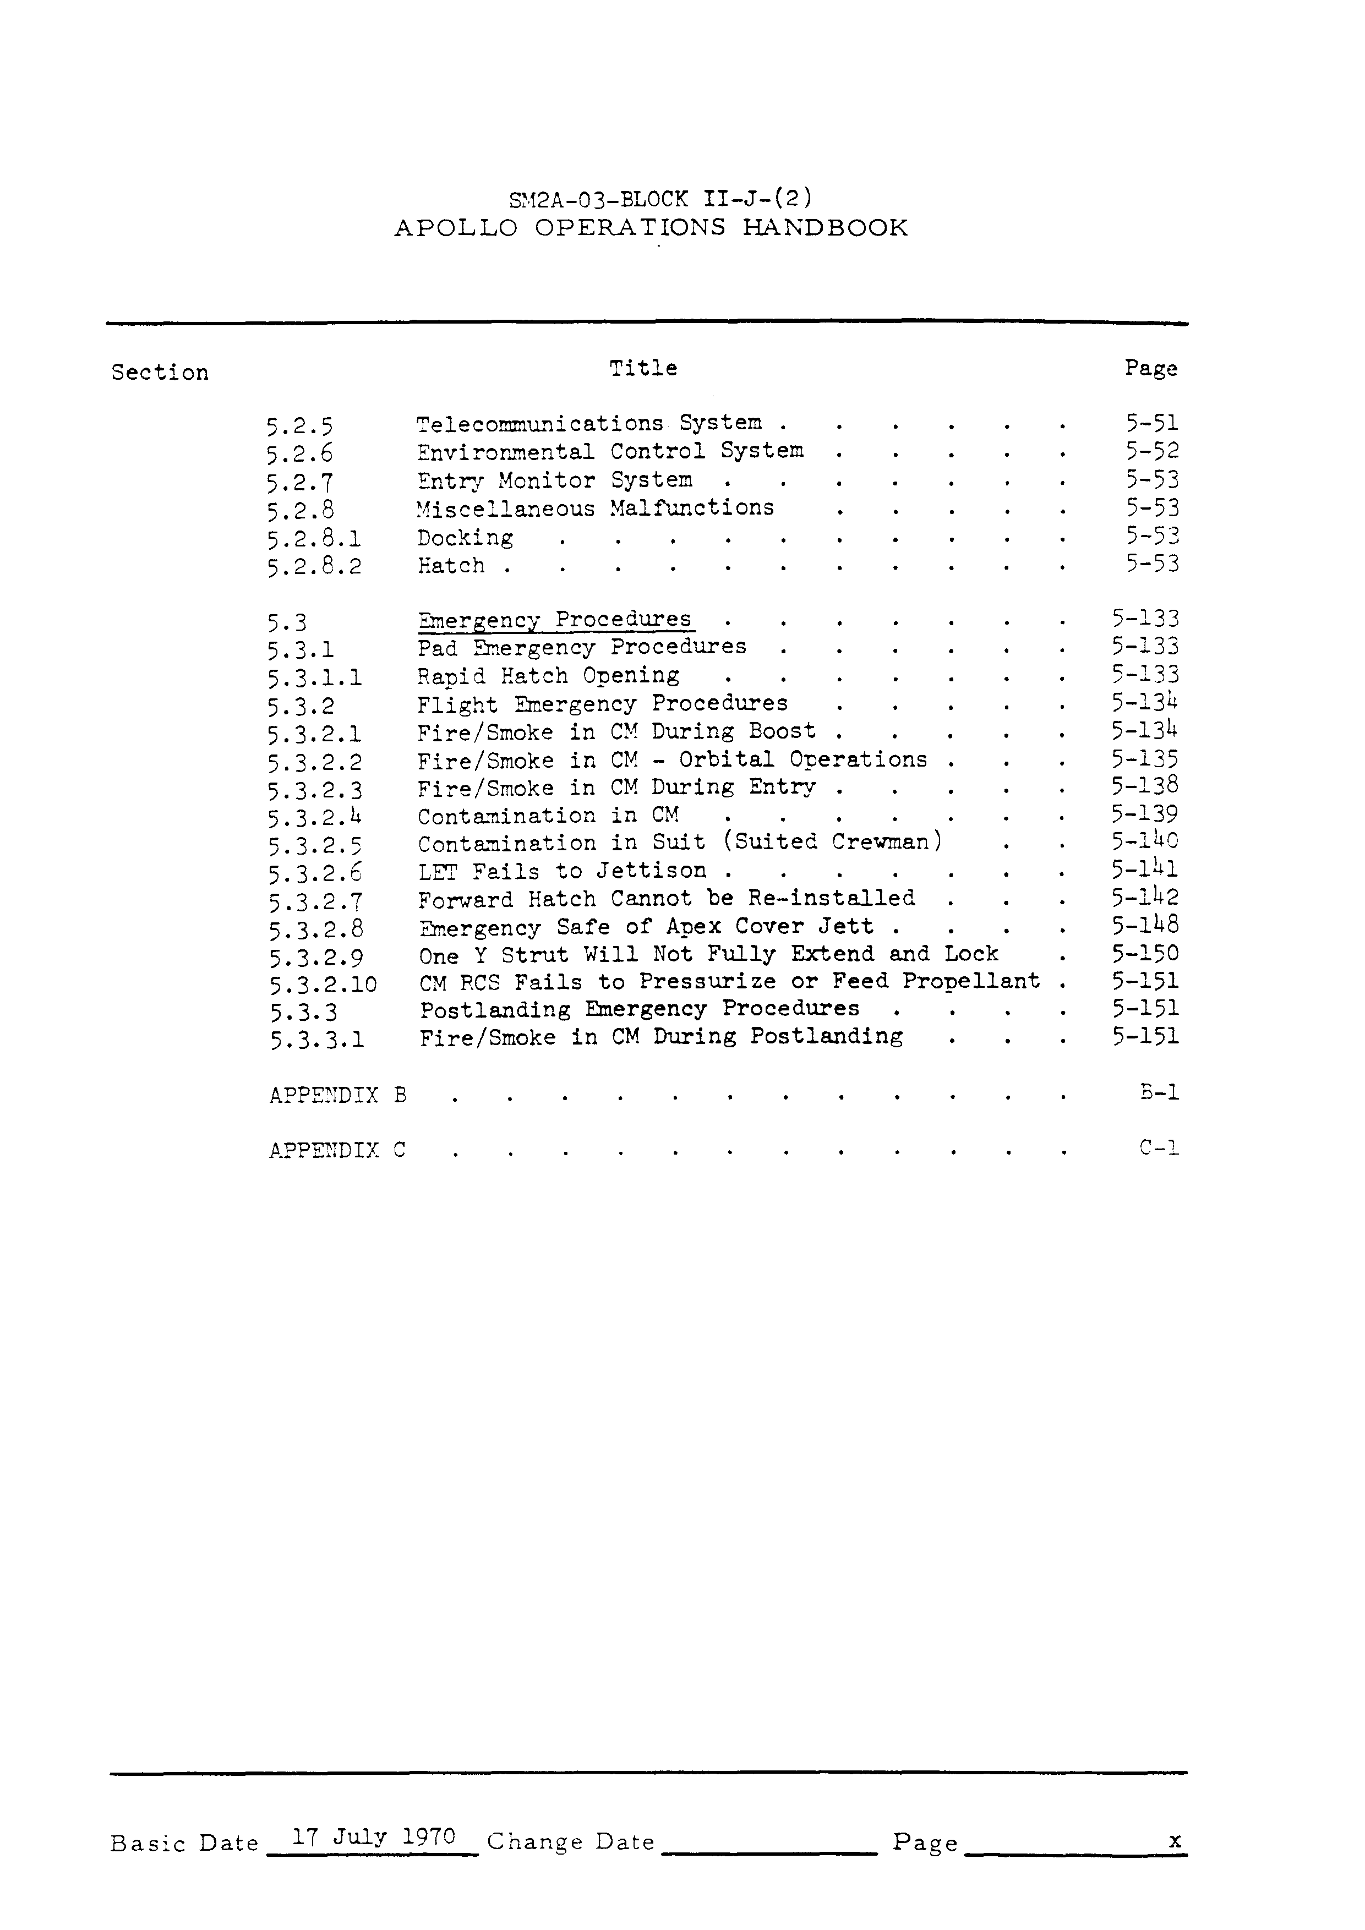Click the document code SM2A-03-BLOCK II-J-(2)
click(660, 199)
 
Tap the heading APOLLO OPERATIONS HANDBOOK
click(651, 228)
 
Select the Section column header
click(160, 373)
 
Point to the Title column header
click(643, 368)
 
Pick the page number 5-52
click(1153, 451)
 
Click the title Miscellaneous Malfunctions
click(595, 509)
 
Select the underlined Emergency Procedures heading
click(555, 620)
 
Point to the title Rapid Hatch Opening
click(548, 676)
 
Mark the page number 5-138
click(1145, 786)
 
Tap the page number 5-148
click(1145, 926)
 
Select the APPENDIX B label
click(338, 1095)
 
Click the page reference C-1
click(1159, 1147)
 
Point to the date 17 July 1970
click(373, 1836)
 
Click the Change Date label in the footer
click(571, 1842)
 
